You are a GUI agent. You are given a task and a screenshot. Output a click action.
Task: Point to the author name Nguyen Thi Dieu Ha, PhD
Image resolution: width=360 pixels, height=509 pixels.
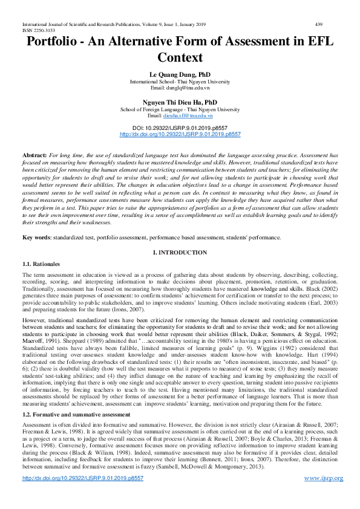pos(180,102)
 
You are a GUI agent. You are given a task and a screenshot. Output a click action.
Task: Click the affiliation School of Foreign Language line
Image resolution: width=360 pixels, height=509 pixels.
pos(180,109)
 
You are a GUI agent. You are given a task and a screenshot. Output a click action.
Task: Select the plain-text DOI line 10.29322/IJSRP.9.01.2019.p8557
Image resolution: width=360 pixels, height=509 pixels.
pos(180,128)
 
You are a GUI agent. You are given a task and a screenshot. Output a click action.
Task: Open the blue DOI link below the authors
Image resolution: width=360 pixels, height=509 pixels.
pos(180,134)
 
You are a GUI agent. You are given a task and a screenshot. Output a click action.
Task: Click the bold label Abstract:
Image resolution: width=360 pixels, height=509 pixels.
pos(34,156)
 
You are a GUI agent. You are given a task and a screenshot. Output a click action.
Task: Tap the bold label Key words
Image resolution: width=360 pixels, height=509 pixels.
pos(36,238)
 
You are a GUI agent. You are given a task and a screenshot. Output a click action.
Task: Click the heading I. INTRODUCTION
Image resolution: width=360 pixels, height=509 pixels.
pos(180,252)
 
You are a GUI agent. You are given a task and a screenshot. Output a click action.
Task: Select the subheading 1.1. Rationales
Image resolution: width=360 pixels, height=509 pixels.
pos(41,264)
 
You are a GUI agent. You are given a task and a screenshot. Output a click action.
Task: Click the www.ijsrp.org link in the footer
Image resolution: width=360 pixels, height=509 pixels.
pos(323,495)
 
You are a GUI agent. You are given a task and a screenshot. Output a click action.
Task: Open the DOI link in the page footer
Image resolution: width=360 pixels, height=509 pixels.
pos(82,495)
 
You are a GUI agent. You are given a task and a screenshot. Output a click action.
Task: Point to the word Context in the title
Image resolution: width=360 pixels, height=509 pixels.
pos(180,59)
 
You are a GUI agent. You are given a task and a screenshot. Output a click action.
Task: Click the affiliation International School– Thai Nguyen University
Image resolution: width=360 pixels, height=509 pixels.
pos(180,80)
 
